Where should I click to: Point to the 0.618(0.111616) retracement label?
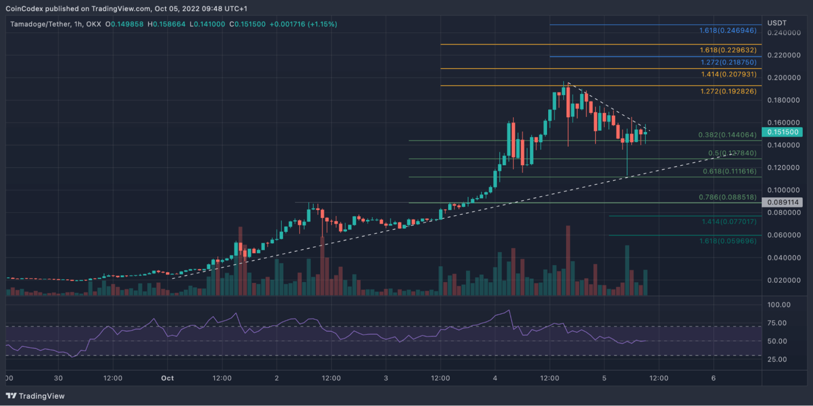tap(730, 171)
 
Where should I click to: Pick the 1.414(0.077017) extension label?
tap(730, 221)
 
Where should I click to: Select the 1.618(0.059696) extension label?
tap(730, 241)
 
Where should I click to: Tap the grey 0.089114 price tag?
tap(781, 202)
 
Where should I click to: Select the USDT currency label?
tap(777, 23)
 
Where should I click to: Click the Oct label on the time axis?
tap(167, 377)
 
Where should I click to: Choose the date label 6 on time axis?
tap(713, 377)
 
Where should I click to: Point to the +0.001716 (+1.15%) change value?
tap(303, 24)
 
